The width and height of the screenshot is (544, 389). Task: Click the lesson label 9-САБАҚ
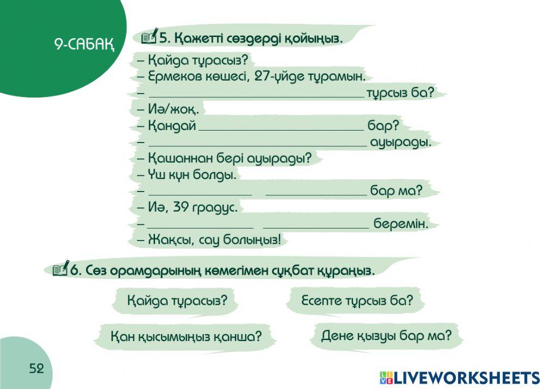tap(84, 44)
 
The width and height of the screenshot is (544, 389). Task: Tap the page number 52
tap(36, 369)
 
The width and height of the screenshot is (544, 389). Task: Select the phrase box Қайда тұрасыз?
tap(177, 300)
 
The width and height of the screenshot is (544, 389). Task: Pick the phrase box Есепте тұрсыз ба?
tap(356, 300)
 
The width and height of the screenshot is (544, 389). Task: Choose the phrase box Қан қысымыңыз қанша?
tap(186, 336)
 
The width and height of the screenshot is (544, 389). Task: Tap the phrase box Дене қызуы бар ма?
tap(386, 335)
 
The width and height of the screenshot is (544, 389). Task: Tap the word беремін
tap(401, 224)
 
